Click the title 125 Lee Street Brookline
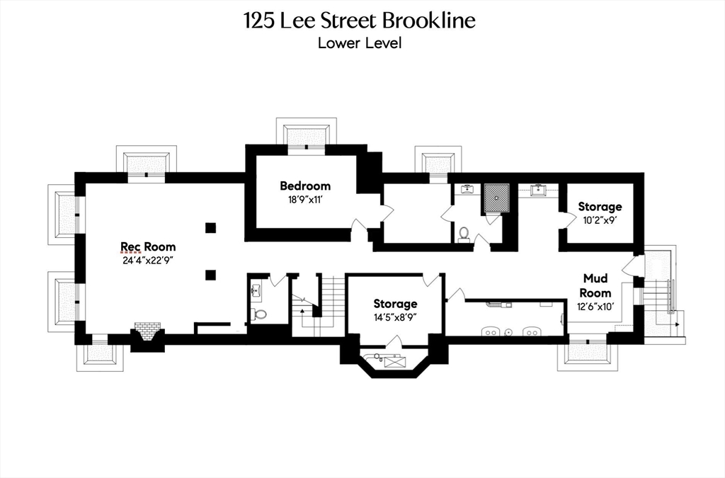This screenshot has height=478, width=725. point(360,21)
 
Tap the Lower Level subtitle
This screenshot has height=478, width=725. point(360,42)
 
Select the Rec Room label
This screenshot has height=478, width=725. point(148,246)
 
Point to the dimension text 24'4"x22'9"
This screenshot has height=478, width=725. point(148,260)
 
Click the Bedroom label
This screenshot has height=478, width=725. point(304,186)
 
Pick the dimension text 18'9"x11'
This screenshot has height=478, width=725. point(304,199)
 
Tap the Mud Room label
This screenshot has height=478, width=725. point(595,285)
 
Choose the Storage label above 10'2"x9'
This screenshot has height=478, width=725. point(600,207)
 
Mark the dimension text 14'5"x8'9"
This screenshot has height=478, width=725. point(395,317)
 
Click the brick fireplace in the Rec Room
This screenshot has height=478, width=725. point(147,330)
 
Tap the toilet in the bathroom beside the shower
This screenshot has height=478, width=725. point(464,233)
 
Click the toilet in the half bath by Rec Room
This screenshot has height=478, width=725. point(260,313)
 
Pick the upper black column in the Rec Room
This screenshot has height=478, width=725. point(210,227)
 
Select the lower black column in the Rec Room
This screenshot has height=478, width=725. point(210,274)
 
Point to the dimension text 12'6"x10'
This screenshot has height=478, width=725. point(595,306)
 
